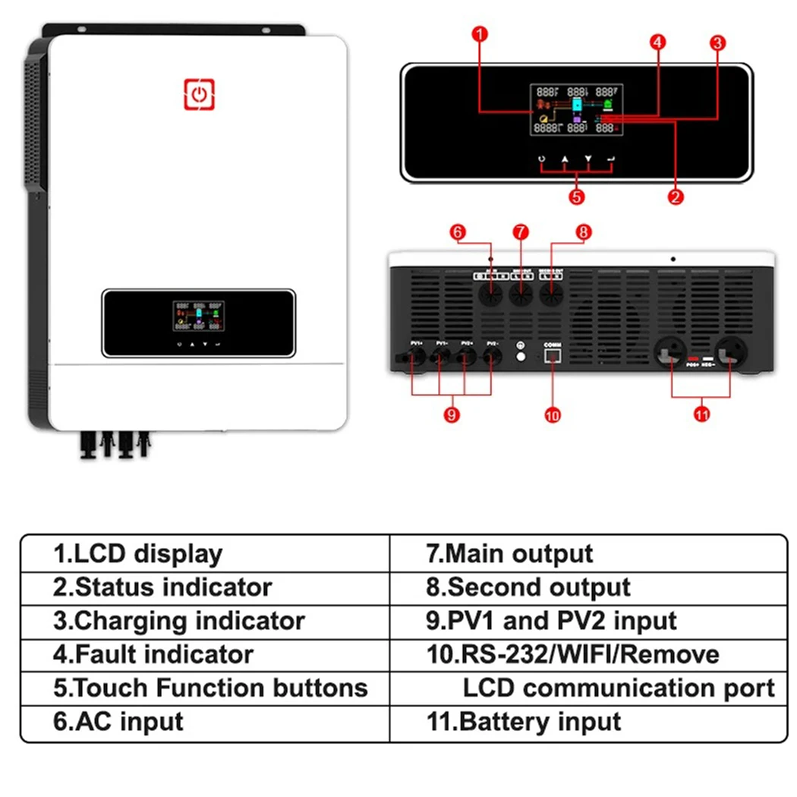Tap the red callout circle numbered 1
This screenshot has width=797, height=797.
(479, 33)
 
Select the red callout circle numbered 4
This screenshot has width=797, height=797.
(658, 43)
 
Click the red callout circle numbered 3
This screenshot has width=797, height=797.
(717, 43)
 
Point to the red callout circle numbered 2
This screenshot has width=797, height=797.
(676, 197)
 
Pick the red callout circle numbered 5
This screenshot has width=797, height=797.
(577, 197)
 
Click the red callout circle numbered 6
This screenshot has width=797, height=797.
(458, 232)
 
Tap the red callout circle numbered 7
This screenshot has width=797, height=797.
(520, 231)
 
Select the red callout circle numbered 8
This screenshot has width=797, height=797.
(583, 232)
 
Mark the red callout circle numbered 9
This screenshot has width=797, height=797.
(452, 415)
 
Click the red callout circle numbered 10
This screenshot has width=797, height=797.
(553, 415)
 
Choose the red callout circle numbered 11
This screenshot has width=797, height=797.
(701, 415)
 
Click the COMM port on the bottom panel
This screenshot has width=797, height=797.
(552, 356)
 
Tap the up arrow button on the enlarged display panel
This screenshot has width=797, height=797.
(565, 159)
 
